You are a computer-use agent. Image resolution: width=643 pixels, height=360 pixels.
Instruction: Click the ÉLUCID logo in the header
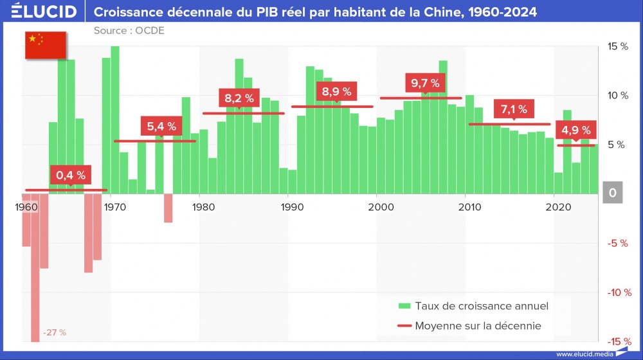44,12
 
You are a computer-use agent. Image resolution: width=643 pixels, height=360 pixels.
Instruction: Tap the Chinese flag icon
45,44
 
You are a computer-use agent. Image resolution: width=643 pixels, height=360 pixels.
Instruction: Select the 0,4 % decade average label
70,175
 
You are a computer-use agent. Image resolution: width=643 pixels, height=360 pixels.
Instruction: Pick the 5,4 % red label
161,126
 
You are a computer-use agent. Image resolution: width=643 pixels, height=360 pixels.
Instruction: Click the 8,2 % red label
239,98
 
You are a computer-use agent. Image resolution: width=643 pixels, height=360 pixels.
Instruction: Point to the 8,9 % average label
336,91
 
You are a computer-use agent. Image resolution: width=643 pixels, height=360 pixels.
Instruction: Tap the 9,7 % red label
425,83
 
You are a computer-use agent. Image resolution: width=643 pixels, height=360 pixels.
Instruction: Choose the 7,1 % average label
514,109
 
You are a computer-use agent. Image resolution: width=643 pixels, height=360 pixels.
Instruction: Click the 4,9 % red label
575,130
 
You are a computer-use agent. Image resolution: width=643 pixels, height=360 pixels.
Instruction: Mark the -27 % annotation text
55,333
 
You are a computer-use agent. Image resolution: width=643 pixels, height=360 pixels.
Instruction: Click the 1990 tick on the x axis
292,207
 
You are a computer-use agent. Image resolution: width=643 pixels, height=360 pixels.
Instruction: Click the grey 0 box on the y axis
613,193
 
